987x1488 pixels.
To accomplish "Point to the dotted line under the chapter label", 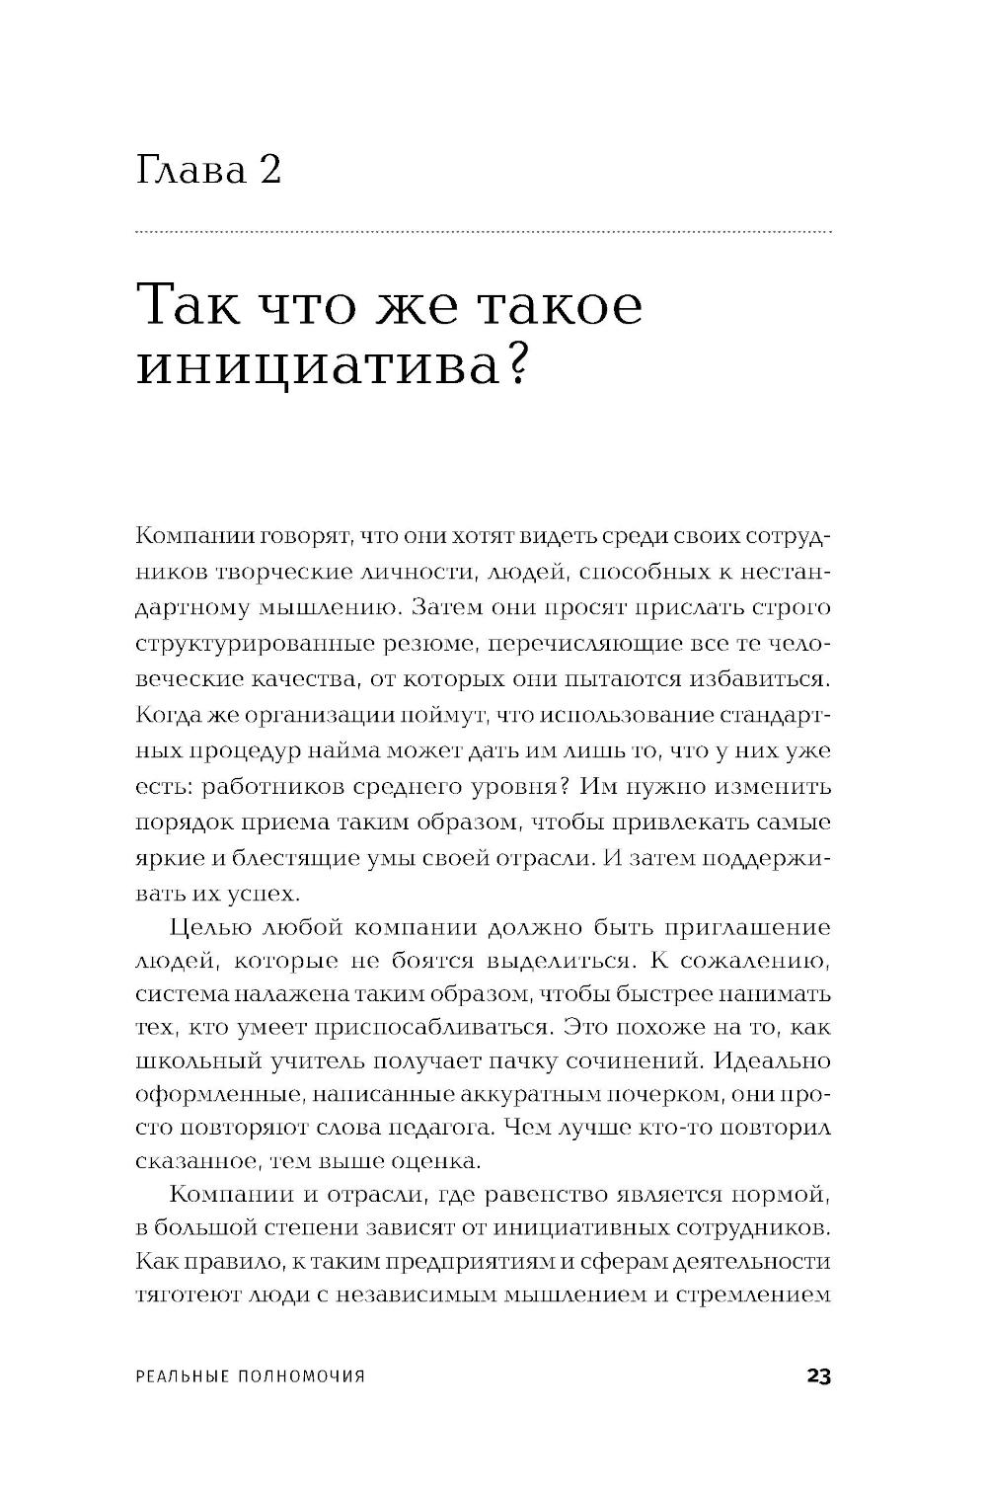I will click(x=483, y=233).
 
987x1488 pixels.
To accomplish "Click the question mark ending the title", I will click(x=510, y=367).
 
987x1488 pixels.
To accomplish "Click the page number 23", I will click(x=818, y=1375).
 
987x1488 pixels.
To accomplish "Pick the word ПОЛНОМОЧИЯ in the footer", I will click(x=302, y=1376).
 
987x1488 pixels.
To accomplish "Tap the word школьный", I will click(x=191, y=1061).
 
